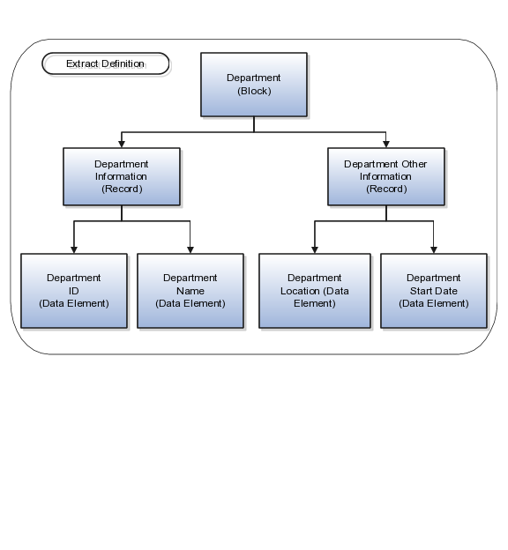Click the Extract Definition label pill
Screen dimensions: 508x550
coord(106,63)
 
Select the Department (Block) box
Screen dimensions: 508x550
coord(254,85)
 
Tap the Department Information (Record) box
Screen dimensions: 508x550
coord(122,176)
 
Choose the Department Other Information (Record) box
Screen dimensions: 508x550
coord(386,176)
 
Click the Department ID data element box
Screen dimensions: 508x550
coord(74,291)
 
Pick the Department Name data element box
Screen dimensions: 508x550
coord(190,291)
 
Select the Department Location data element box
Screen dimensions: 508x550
coord(315,291)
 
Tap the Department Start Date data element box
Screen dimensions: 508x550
coord(434,291)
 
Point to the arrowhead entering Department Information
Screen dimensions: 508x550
coord(122,145)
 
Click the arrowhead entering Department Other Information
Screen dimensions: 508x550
coord(386,145)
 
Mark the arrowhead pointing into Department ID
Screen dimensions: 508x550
coord(74,250)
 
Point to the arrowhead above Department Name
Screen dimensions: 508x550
coord(190,250)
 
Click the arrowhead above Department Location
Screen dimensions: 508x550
coord(315,250)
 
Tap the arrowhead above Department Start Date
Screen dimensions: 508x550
coord(434,250)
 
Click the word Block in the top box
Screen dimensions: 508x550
coord(254,91)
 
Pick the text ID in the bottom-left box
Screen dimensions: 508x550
coord(74,291)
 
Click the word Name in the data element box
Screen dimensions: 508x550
coord(190,291)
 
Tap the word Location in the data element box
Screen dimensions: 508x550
coord(300,291)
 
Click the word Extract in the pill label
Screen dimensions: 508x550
coord(83,63)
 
